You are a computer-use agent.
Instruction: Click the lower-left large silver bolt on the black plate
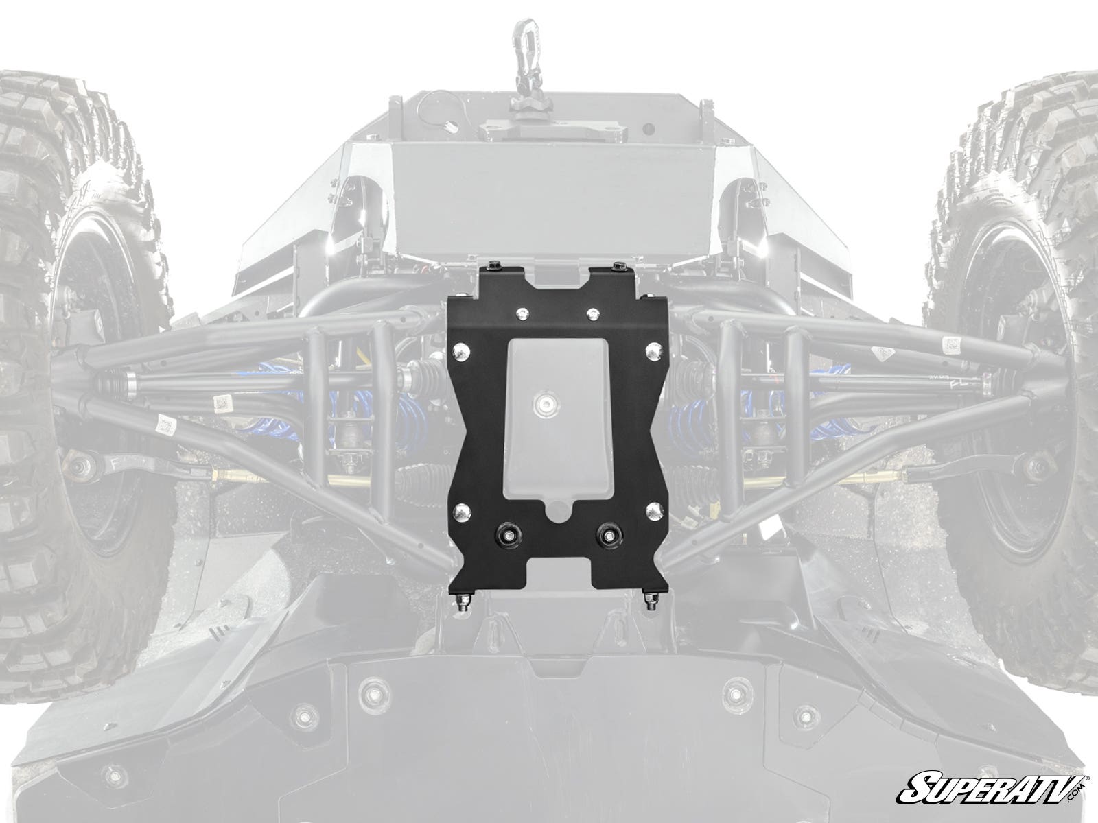point(460,511)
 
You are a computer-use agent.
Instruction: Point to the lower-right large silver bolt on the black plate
point(653,511)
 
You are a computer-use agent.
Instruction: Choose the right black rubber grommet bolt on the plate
point(609,535)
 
